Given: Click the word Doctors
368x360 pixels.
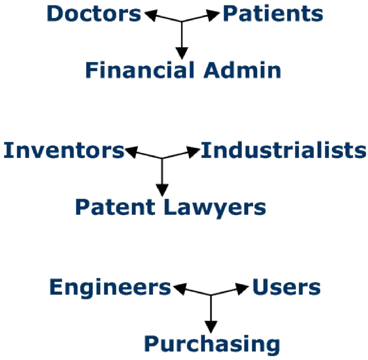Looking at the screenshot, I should pyautogui.click(x=94, y=14).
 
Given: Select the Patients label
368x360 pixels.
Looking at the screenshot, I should pyautogui.click(x=273, y=14).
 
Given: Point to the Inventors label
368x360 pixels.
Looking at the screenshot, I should pyautogui.click(x=64, y=150).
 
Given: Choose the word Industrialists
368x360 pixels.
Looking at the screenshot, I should pyautogui.click(x=284, y=150).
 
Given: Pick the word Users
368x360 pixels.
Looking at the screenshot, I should pyautogui.click(x=286, y=287).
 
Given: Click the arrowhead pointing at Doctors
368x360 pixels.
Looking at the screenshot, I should pyautogui.click(x=149, y=15).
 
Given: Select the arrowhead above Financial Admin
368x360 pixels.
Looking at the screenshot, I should pyautogui.click(x=182, y=53).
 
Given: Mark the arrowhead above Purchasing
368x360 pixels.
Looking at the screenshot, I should pyautogui.click(x=211, y=326).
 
